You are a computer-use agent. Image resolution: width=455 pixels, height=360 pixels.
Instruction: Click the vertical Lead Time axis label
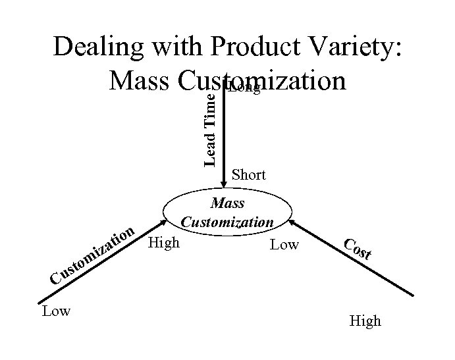pos(210,126)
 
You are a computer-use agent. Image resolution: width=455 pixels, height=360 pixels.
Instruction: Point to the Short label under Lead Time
pos(248,174)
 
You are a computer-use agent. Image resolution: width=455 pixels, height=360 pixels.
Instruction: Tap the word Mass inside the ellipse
pos(227,203)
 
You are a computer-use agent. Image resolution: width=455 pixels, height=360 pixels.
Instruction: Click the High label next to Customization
pos(164,243)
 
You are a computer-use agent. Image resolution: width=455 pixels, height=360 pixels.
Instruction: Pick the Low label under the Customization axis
pos(55,311)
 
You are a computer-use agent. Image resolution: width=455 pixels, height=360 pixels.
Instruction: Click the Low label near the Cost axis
pos(284,245)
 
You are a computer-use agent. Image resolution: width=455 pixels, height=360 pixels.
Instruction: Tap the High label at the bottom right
pos(365,321)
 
